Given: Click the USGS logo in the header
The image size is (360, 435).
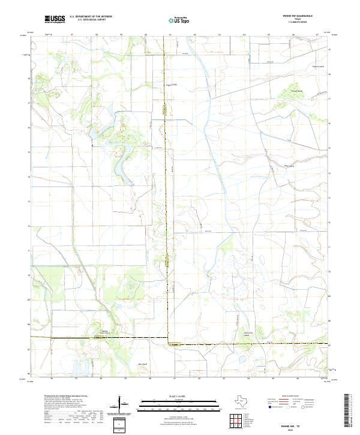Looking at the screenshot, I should pos(55,19).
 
